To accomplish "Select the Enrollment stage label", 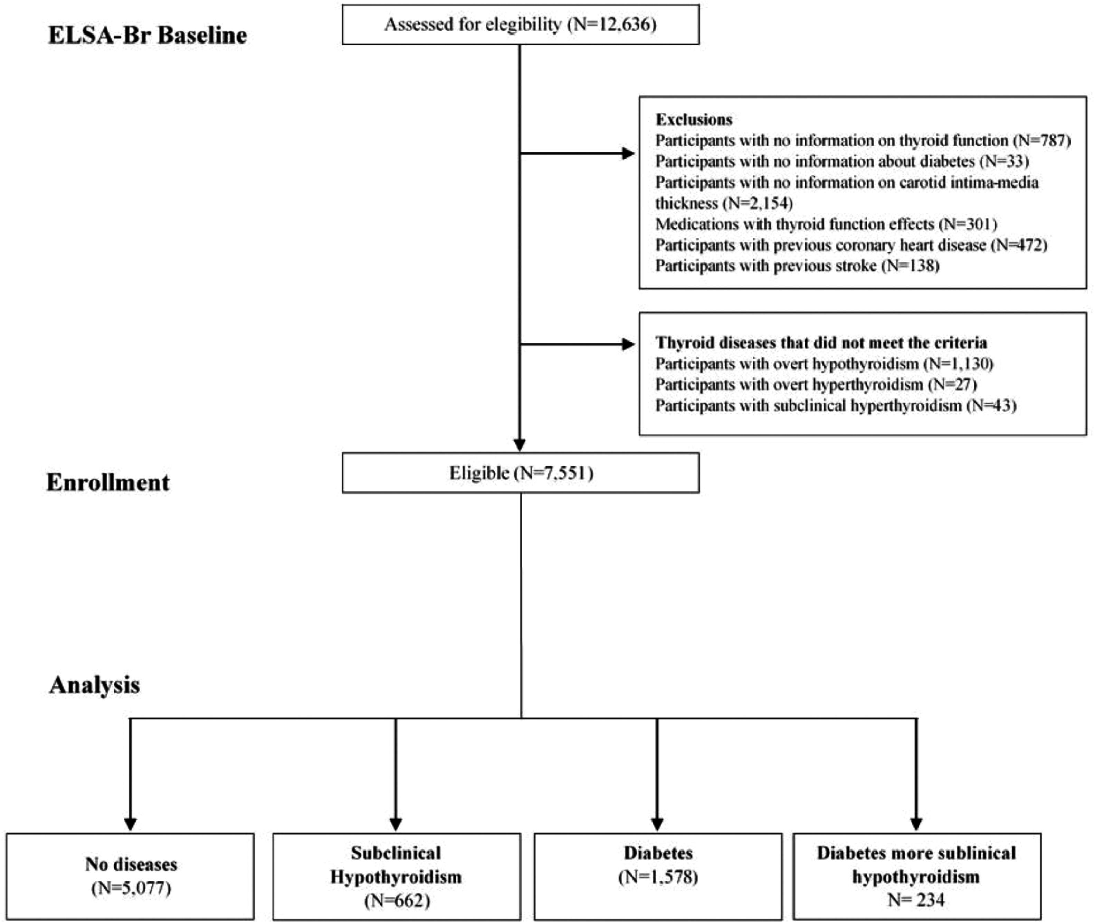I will [x=108, y=482].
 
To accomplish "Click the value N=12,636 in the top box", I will [x=612, y=25].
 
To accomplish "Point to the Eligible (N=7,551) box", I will [x=520, y=473].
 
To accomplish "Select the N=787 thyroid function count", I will [x=1041, y=141].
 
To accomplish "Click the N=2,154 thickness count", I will [x=757, y=203].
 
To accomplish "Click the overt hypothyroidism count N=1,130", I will [x=958, y=364].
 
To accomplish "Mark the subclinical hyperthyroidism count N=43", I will [x=991, y=406].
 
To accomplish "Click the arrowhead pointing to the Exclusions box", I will [x=628, y=154].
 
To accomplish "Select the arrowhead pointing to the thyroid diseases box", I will [x=628, y=344].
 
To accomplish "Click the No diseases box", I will [x=131, y=876].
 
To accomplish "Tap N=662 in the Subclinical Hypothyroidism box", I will [x=397, y=900].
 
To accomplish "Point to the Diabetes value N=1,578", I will [x=658, y=876].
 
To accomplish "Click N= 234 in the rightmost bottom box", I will [x=916, y=900].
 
